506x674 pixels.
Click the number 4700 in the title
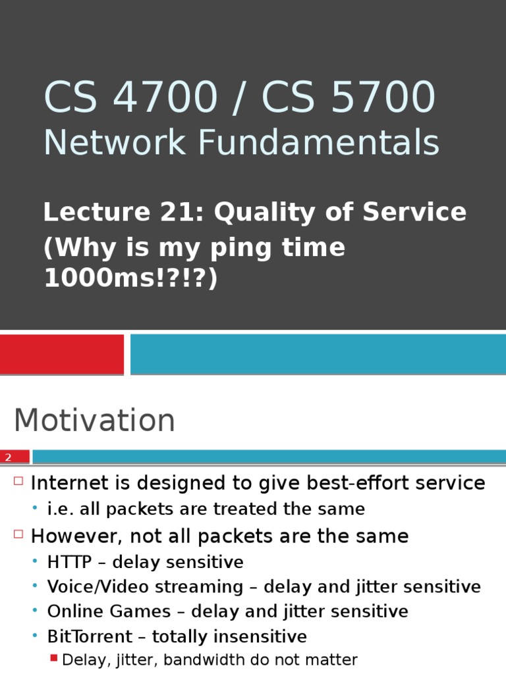[x=166, y=97]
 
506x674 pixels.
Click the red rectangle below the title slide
[x=61, y=354]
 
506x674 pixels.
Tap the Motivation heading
[x=94, y=421]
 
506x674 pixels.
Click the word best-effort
[x=358, y=483]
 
